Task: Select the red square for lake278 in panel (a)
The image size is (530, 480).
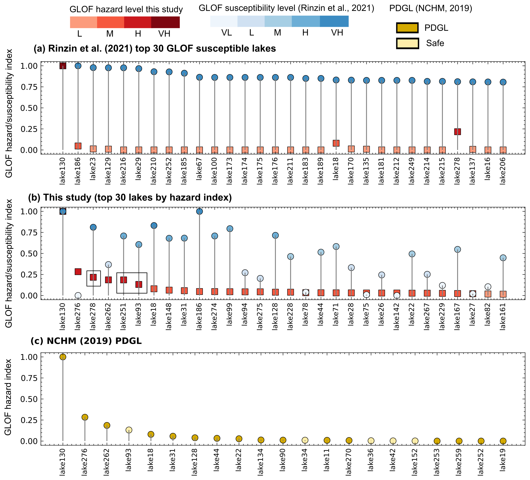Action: coord(457,132)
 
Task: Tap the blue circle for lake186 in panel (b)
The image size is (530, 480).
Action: coord(199,211)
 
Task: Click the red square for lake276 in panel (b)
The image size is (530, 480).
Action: coord(78,271)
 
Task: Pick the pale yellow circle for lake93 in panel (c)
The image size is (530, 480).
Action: coord(129,430)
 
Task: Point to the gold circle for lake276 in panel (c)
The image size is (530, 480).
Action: coord(85,417)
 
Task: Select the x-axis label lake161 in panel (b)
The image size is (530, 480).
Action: coord(503,316)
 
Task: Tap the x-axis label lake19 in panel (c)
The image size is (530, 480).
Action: coord(503,460)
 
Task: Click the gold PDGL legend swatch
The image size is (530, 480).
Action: coord(407,28)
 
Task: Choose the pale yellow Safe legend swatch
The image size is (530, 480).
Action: coord(407,43)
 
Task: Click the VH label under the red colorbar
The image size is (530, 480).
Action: coord(164,34)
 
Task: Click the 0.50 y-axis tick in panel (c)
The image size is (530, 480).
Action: coord(29,399)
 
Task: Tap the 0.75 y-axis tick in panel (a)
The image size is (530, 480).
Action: coord(29,87)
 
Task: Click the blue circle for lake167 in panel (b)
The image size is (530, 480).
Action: coord(457,249)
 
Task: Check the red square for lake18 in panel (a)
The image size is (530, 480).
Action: coord(336,143)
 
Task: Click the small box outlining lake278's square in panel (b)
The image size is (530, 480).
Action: coord(94,271)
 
